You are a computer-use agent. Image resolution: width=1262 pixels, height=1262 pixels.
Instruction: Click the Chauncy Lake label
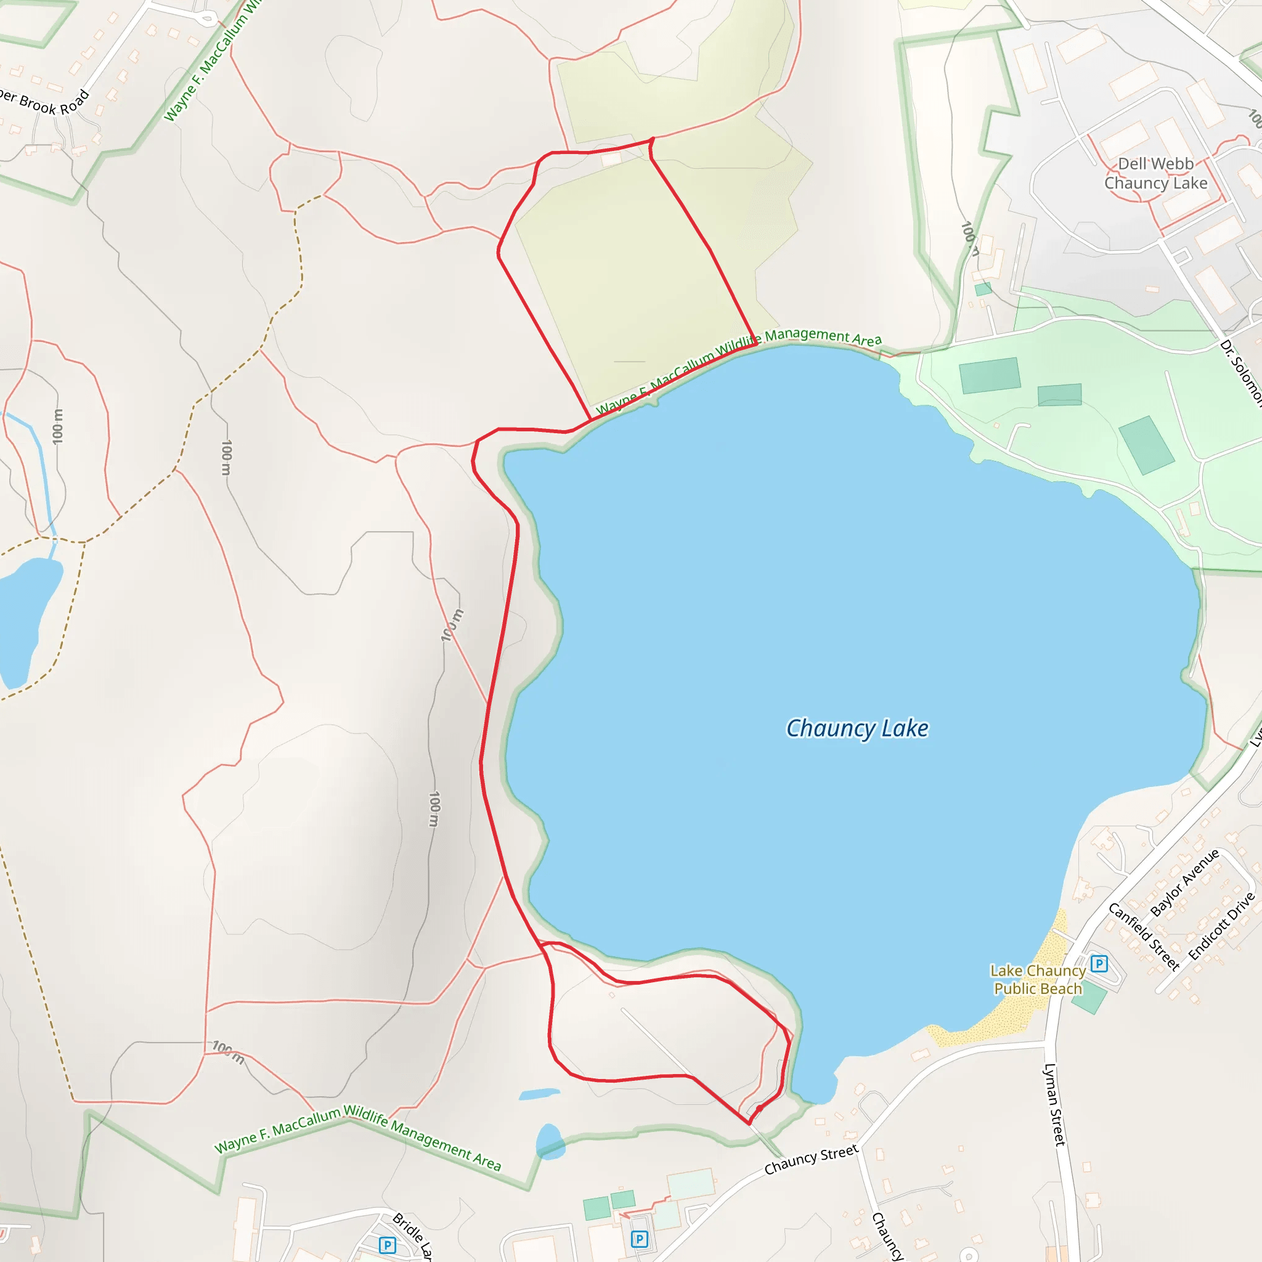coord(857,728)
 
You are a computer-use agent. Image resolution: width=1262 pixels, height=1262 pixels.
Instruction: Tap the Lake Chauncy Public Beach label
coord(1037,980)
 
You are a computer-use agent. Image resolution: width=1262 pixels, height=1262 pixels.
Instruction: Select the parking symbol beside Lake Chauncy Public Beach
coord(1099,964)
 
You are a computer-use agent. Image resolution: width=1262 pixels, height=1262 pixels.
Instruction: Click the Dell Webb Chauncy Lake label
coord(1155,173)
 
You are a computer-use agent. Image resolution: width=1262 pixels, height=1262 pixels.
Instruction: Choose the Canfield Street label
coord(1144,937)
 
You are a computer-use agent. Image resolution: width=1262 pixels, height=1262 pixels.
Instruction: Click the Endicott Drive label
coord(1221,926)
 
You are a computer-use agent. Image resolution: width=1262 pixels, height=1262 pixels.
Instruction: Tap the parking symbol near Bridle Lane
coord(388,1245)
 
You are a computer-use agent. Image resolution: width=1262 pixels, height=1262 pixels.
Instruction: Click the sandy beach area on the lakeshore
coord(1006,1006)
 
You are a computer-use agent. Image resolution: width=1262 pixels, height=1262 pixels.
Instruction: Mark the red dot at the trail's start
coord(760,1109)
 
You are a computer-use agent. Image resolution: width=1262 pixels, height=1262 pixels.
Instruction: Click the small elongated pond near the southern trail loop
coord(540,1094)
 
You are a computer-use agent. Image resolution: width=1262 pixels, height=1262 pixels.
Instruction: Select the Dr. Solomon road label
coord(1242,372)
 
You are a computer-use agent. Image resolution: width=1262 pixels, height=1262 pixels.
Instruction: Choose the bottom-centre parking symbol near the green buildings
coord(640,1239)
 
